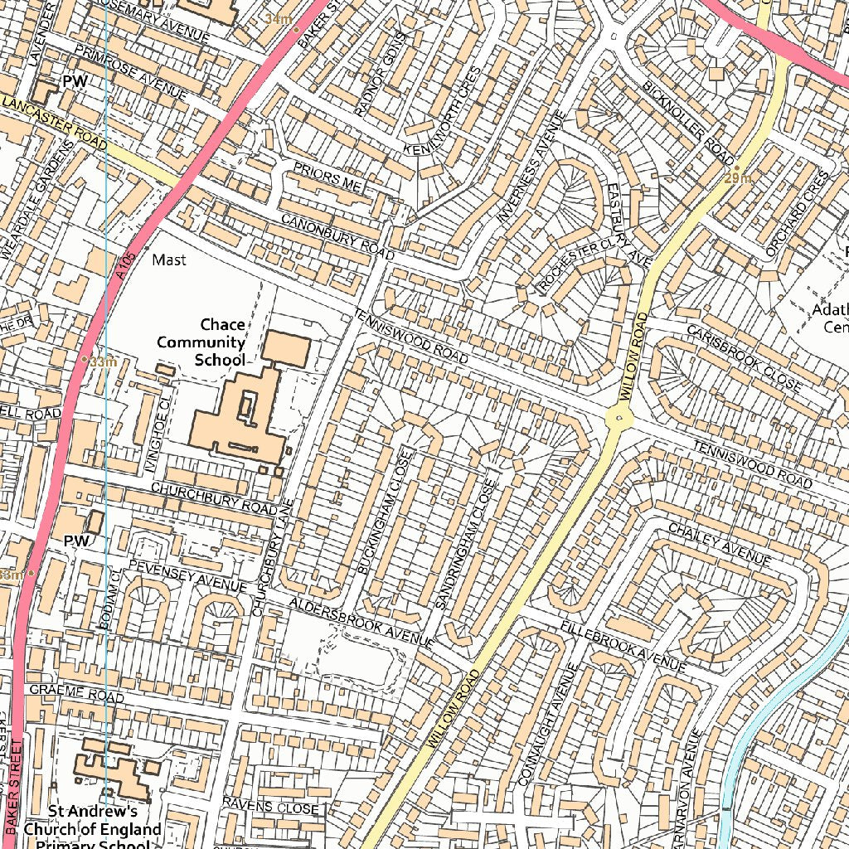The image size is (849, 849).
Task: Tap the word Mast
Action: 169,260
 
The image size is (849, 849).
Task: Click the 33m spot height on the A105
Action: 101,362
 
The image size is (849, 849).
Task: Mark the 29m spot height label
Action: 737,177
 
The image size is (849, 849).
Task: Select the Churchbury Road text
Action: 214,497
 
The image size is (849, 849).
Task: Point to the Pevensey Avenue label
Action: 187,575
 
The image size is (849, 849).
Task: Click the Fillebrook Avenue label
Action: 623,646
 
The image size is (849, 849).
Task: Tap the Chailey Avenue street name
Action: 719,544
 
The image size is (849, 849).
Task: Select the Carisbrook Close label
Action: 744,357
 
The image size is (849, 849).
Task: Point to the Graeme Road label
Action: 76,693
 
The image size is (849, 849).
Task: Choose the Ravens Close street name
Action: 270,806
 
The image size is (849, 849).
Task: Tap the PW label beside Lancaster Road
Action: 75,81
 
